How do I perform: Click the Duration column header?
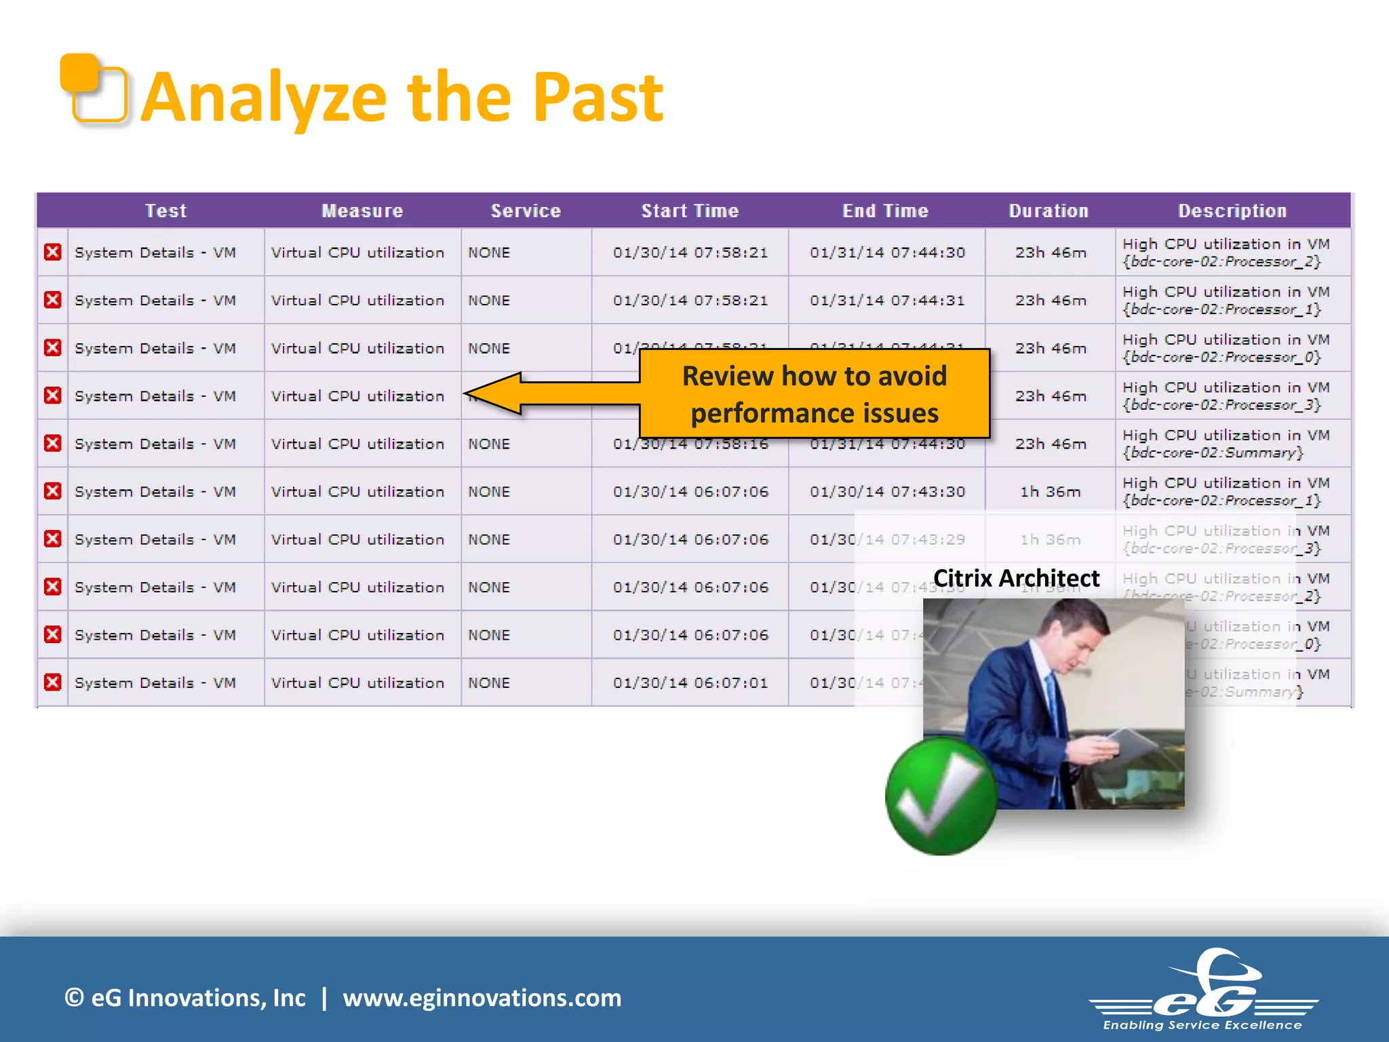pyautogui.click(x=1048, y=211)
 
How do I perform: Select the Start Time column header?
pyautogui.click(x=689, y=211)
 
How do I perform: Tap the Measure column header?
pyautogui.click(x=362, y=211)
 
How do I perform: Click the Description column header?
pyautogui.click(x=1232, y=211)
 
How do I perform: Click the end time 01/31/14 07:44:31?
pyautogui.click(x=886, y=301)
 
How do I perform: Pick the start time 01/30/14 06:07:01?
pyautogui.click(x=690, y=683)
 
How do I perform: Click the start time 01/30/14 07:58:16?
pyautogui.click(x=690, y=444)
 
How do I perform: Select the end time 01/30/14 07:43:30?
pyautogui.click(x=886, y=492)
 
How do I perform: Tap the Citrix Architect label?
pyautogui.click(x=1015, y=578)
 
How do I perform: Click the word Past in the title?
pyautogui.click(x=597, y=98)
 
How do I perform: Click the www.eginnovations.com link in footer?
pyautogui.click(x=482, y=998)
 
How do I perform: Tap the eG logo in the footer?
pyautogui.click(x=1204, y=990)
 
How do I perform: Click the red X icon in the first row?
pyautogui.click(x=53, y=252)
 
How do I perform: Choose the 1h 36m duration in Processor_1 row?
pyautogui.click(x=1050, y=492)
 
